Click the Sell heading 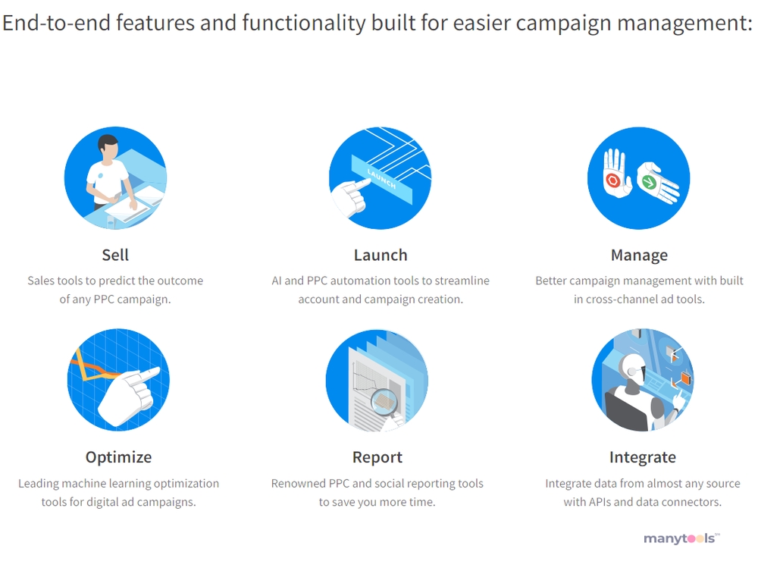[x=115, y=255]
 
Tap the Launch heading [x=381, y=255]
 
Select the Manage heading [x=639, y=256]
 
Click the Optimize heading [x=118, y=457]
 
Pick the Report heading [x=377, y=457]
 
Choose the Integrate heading [x=643, y=457]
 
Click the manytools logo [x=681, y=538]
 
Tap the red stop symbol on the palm [x=613, y=180]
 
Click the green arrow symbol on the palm [x=648, y=182]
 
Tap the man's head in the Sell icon [x=108, y=148]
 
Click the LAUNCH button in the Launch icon [x=381, y=179]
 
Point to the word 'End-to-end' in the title [x=57, y=22]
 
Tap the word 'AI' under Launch [x=277, y=281]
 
